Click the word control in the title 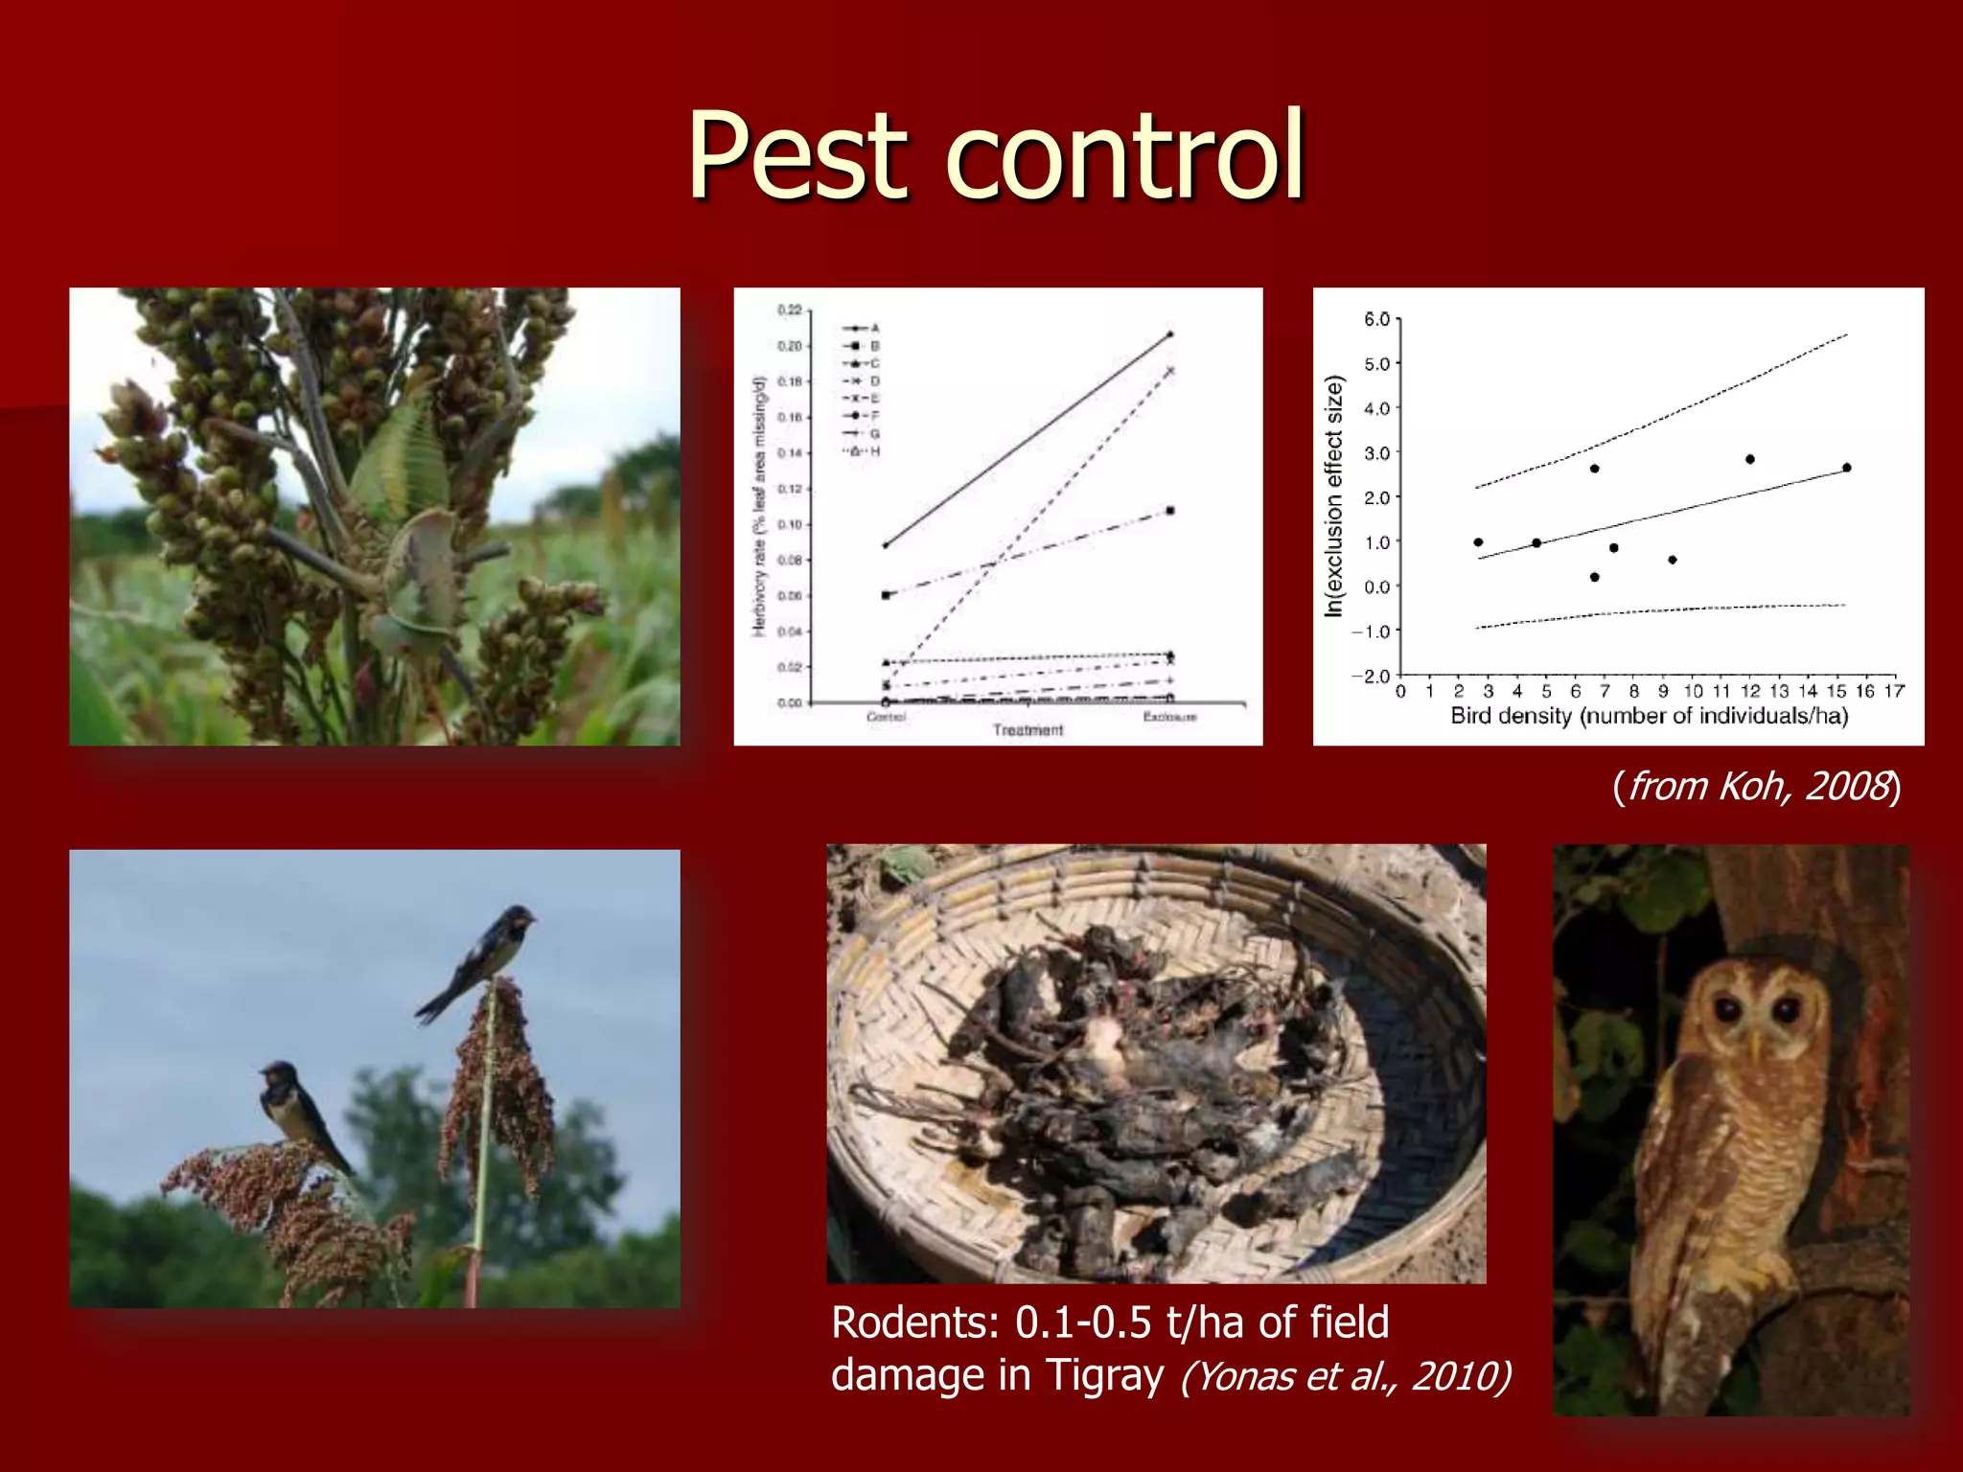click(1125, 155)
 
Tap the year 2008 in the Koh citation click(1849, 786)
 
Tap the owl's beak click(1756, 1044)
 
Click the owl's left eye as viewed click(1727, 1009)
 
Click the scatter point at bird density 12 click(1750, 459)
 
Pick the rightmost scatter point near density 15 click(1847, 468)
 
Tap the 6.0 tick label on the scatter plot click(1376, 319)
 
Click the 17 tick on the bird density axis click(1894, 691)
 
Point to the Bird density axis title click(1649, 716)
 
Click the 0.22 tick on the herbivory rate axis click(789, 310)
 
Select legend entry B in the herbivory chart click(874, 346)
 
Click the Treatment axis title click(1028, 730)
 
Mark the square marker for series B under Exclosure click(1170, 511)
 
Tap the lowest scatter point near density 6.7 click(1594, 577)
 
